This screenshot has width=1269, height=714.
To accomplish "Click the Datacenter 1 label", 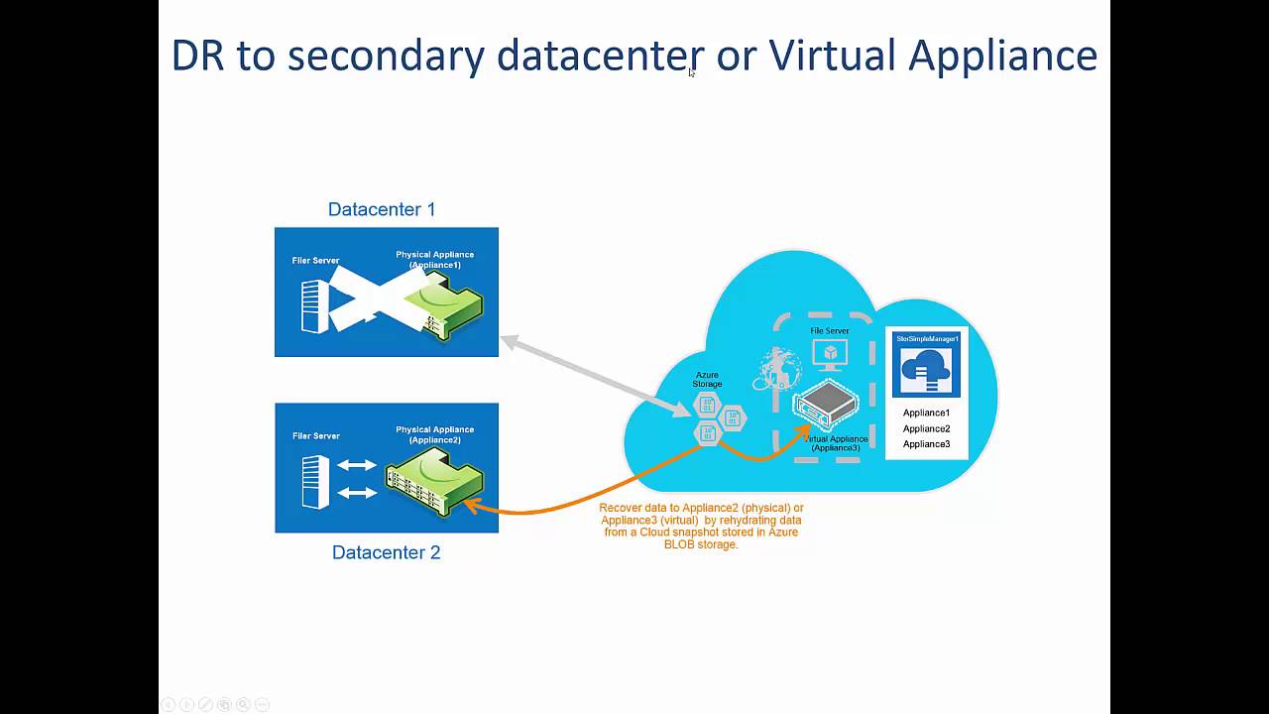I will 382,209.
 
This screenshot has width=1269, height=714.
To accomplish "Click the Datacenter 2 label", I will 386,552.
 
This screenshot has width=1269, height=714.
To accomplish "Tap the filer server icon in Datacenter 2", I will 315,481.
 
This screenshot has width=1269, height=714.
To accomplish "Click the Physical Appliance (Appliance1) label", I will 434,260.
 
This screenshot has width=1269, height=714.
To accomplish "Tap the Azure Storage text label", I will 708,379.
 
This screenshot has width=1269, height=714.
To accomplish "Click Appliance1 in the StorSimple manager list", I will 926,413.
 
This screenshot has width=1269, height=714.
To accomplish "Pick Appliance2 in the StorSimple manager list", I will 926,428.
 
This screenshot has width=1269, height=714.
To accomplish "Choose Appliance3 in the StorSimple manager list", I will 926,444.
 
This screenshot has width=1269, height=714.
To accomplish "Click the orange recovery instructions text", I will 701,526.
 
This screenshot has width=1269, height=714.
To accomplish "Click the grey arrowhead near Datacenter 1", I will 509,342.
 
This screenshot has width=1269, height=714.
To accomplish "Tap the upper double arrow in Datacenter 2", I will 357,465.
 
